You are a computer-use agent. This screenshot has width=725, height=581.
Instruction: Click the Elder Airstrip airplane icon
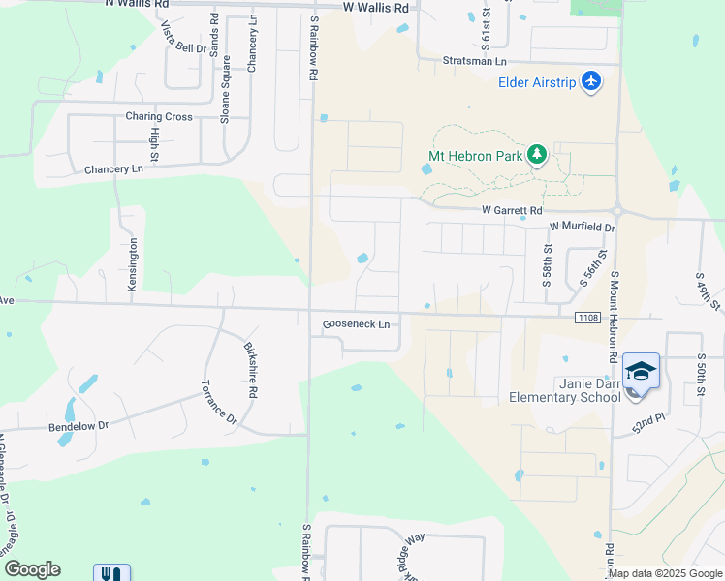click(591, 81)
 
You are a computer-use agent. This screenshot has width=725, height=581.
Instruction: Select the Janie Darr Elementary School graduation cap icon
click(640, 372)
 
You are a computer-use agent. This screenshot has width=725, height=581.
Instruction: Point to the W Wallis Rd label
click(376, 7)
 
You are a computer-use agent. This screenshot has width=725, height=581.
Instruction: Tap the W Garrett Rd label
click(512, 210)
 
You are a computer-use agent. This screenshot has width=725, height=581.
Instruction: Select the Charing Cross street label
click(159, 116)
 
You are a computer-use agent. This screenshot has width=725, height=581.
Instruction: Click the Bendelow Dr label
click(79, 425)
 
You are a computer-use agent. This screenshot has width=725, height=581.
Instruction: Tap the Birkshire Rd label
click(250, 370)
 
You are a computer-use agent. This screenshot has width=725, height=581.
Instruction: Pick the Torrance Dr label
click(218, 400)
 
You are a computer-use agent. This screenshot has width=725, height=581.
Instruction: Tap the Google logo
click(32, 569)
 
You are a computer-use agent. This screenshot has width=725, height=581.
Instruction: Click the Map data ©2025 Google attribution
click(665, 573)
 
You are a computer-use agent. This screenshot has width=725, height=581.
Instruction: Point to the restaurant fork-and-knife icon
click(111, 573)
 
